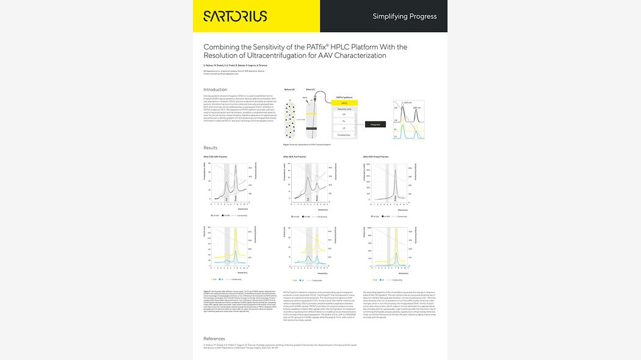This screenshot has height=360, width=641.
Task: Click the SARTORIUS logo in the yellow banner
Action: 234,16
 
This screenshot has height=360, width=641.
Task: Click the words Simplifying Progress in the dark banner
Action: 404,16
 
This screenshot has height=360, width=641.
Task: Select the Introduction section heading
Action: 215,90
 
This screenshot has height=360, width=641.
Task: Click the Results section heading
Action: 210,148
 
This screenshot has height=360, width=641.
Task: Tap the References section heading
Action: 214,338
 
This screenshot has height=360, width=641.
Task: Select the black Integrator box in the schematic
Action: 375,124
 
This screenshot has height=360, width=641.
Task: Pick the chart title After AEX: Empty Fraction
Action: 375,157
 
